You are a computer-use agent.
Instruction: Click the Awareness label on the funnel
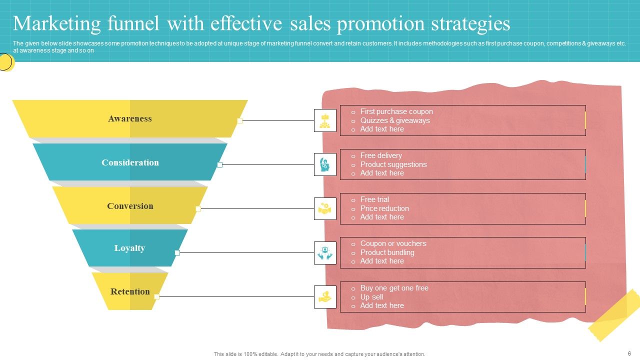click(129, 118)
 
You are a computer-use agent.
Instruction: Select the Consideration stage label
click(130, 162)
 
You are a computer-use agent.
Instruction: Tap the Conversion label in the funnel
click(130, 206)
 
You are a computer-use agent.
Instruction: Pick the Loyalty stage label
click(129, 248)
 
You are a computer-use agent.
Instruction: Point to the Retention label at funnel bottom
click(130, 291)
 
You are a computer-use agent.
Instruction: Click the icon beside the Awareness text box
click(325, 120)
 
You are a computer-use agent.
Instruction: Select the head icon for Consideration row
click(325, 164)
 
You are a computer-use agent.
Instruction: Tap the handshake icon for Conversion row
click(325, 208)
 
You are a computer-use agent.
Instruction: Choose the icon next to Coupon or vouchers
click(325, 252)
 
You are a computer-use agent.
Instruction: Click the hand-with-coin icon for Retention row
click(325, 296)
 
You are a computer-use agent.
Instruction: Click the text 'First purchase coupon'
click(396, 111)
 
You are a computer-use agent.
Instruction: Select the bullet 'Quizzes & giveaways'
click(395, 120)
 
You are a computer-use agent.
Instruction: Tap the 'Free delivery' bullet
click(381, 155)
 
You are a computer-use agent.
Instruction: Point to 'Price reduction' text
click(384, 208)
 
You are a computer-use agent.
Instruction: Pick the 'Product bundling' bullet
click(387, 252)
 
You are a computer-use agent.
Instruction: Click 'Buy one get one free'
click(394, 288)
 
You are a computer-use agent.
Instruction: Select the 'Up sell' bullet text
click(371, 297)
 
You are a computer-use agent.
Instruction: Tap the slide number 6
click(629, 353)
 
